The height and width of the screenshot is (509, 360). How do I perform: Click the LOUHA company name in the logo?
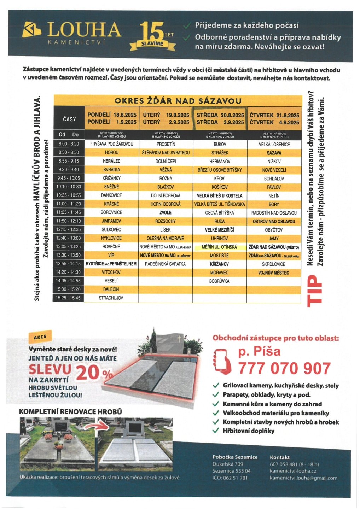(84, 30)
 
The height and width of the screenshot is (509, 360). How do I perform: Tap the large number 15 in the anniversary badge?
(151, 32)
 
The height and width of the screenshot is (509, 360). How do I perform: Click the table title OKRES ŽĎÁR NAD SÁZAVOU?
(178, 101)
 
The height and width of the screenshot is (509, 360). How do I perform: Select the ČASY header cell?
(69, 119)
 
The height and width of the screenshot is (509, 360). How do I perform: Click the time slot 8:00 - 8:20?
(69, 144)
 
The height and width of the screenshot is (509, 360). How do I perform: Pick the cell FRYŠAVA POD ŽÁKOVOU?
(112, 144)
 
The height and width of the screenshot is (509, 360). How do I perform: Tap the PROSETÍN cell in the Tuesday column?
(166, 144)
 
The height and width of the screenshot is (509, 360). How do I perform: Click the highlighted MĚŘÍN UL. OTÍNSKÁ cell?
(219, 247)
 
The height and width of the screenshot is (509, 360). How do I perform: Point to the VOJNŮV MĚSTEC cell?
(274, 273)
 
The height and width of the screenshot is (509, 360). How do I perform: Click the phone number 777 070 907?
(284, 369)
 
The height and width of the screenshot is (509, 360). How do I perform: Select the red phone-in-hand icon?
(222, 361)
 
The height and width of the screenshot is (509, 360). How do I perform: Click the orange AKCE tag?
(40, 337)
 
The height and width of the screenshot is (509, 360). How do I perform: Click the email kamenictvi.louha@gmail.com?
(303, 478)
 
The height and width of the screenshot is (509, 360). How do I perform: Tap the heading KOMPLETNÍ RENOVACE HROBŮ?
(70, 411)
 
